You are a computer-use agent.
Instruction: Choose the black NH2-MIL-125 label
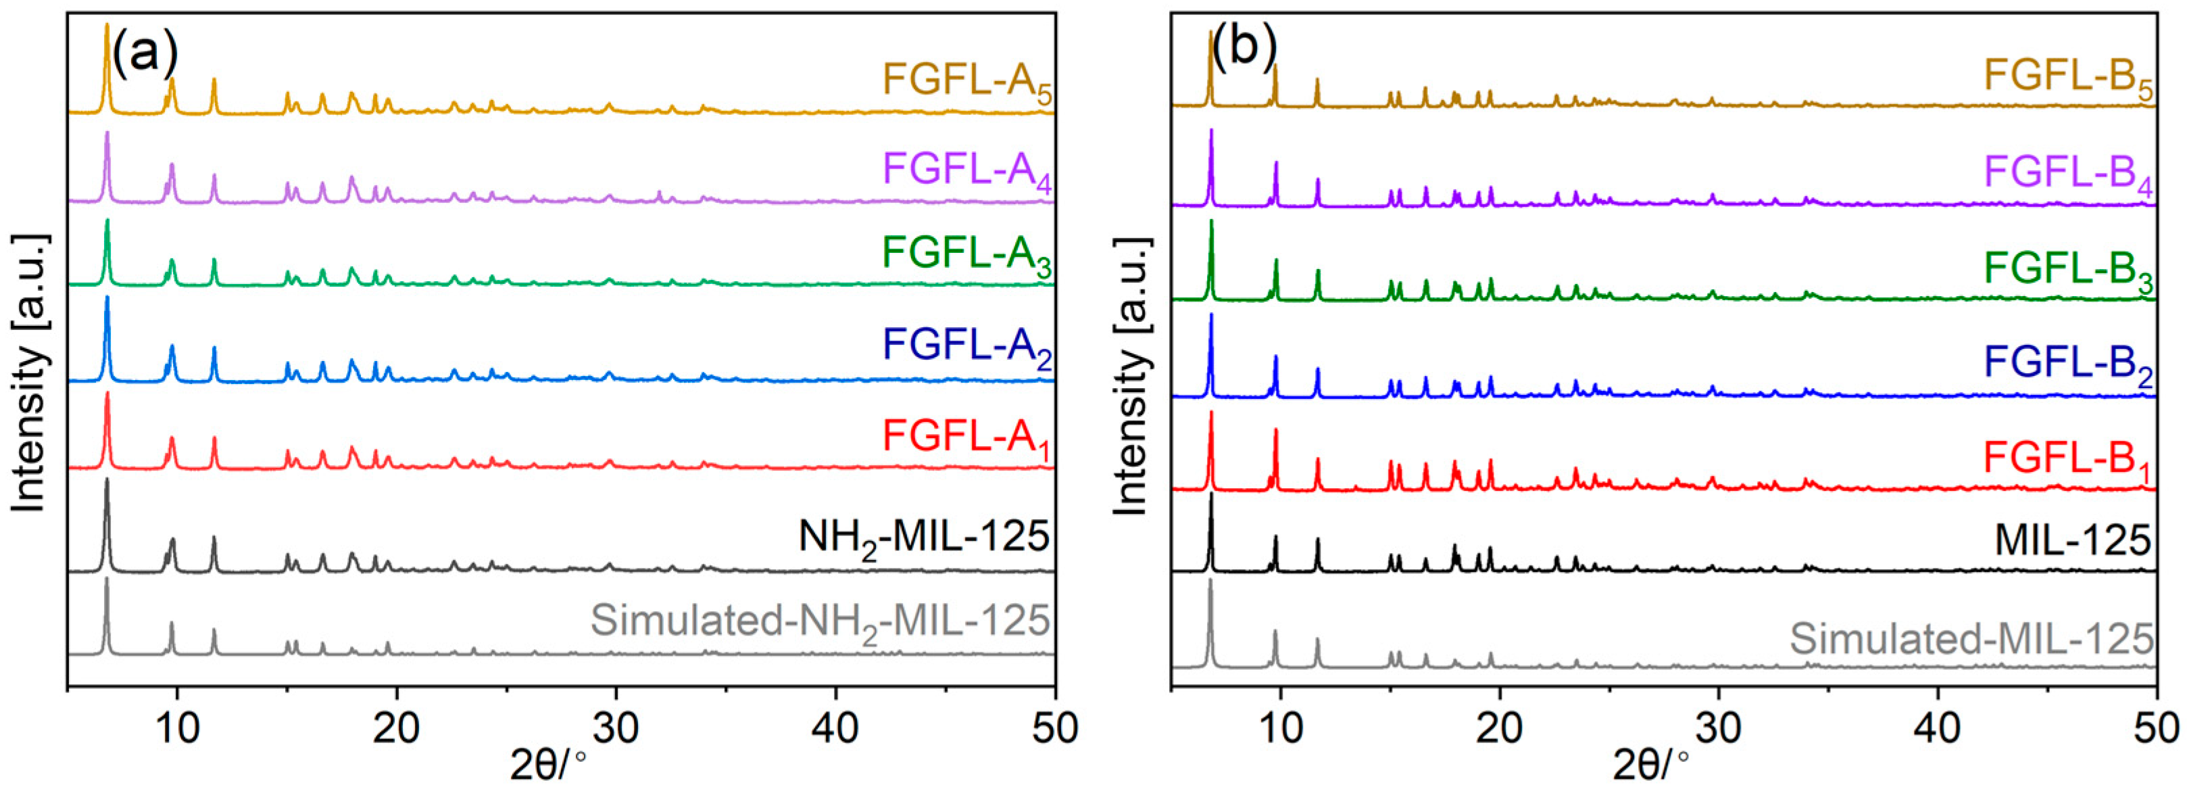point(924,538)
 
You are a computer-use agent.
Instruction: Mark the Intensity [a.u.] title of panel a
point(30,373)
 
